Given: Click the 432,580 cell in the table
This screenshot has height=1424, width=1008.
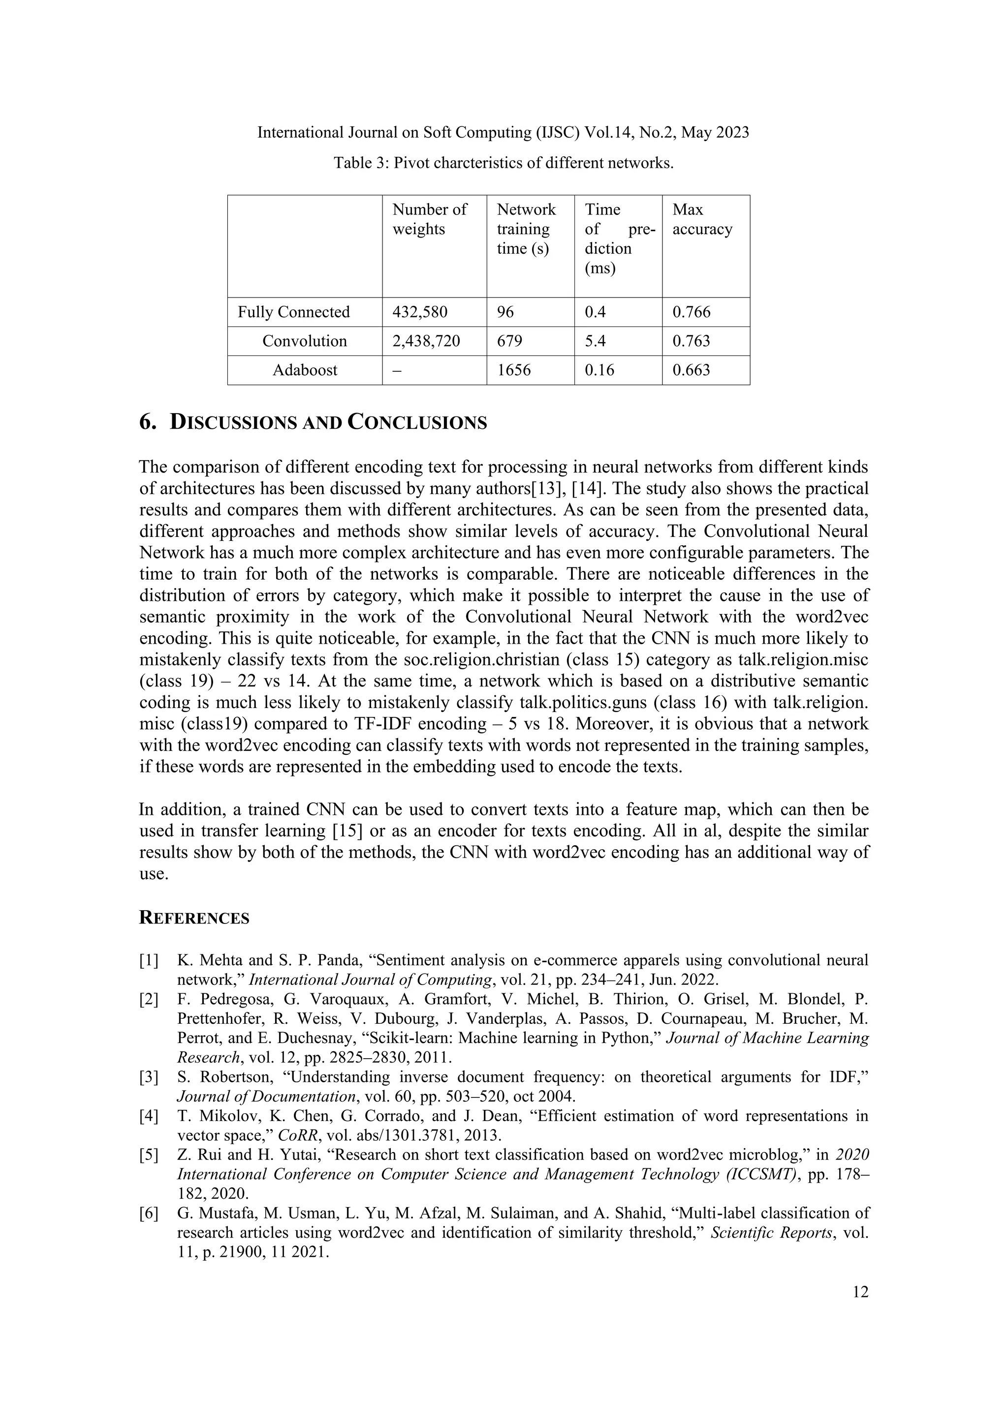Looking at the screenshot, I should click(419, 312).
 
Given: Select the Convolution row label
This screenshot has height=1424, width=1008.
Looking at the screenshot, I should click(304, 341).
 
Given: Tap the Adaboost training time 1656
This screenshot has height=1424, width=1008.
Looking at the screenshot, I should click(514, 370).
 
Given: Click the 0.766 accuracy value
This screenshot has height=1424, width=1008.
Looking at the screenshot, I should click(692, 312).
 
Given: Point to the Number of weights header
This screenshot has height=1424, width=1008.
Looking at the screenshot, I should click(430, 220).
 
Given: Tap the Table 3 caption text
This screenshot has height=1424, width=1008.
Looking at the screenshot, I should click(504, 163).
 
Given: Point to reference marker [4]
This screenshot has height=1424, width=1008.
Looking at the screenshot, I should click(149, 1116).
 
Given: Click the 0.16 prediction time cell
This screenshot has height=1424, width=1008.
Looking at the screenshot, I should click(599, 370).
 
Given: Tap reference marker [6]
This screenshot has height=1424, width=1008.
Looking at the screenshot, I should click(149, 1213).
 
